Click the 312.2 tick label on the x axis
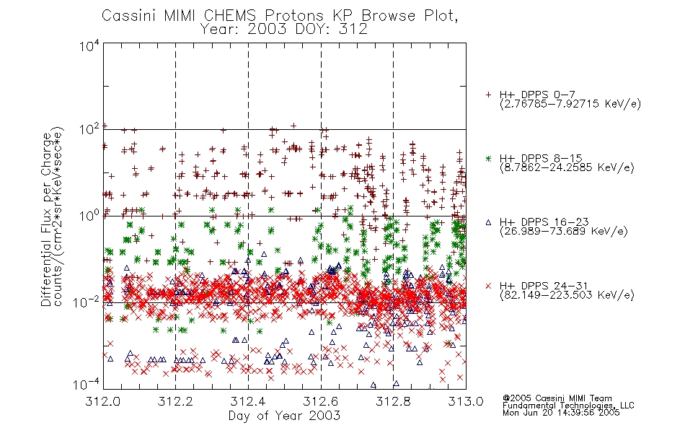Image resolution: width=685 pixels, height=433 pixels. (x=175, y=401)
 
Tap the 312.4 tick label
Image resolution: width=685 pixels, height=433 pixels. (x=248, y=401)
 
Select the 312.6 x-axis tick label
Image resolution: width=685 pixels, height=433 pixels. (x=321, y=401)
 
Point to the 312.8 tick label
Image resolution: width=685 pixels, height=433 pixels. (x=393, y=401)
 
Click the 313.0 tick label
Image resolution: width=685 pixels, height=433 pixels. (x=466, y=401)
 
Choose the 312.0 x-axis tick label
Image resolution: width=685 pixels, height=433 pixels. (x=102, y=401)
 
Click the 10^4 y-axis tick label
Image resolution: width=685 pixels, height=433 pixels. (x=89, y=45)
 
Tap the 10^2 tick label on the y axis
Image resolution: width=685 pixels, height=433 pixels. (x=89, y=129)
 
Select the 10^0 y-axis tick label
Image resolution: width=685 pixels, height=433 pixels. (x=89, y=216)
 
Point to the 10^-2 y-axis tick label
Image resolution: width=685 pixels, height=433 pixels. (x=87, y=302)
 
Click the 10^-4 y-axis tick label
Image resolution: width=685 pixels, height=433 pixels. (x=87, y=385)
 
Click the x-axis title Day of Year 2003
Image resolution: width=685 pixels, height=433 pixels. (x=284, y=416)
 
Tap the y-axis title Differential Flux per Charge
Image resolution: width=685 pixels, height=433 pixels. (x=47, y=219)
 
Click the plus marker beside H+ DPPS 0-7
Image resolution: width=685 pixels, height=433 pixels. (x=488, y=95)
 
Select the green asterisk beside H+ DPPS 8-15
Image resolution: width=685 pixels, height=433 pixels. (x=488, y=158)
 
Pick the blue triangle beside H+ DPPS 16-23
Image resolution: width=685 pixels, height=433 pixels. (x=488, y=222)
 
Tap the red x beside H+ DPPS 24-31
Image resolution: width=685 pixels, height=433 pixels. (x=488, y=286)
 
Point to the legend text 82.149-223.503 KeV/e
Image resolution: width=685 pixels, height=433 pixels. (x=567, y=295)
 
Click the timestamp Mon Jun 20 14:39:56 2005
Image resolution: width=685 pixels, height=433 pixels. (x=561, y=413)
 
